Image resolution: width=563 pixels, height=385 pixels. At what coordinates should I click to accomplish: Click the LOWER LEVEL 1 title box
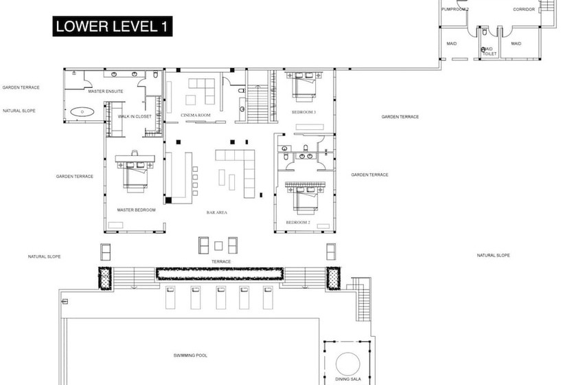pyautogui.click(x=113, y=27)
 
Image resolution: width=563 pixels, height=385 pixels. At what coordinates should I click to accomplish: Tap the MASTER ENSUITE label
pyautogui.click(x=105, y=91)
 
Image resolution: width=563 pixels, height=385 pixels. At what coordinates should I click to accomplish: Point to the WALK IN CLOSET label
pyautogui.click(x=135, y=116)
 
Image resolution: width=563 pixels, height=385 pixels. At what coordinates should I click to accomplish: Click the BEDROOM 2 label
pyautogui.click(x=299, y=223)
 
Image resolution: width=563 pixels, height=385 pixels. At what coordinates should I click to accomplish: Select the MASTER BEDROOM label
pyautogui.click(x=136, y=210)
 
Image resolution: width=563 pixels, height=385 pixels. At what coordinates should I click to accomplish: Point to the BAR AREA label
pyautogui.click(x=217, y=212)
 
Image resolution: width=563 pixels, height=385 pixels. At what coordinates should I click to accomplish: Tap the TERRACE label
pyautogui.click(x=221, y=261)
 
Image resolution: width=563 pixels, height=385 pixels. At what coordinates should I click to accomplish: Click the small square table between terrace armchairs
pyautogui.click(x=218, y=245)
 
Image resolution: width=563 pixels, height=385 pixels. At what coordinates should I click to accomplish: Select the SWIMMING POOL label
pyautogui.click(x=190, y=355)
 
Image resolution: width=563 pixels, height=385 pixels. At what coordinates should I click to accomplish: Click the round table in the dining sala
pyautogui.click(x=347, y=363)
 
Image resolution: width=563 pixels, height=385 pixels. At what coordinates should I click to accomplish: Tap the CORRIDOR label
pyautogui.click(x=524, y=10)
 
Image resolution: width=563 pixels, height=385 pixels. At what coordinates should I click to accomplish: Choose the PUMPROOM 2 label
pyautogui.click(x=455, y=10)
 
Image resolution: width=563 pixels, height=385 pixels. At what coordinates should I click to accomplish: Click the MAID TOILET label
pyautogui.click(x=488, y=51)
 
